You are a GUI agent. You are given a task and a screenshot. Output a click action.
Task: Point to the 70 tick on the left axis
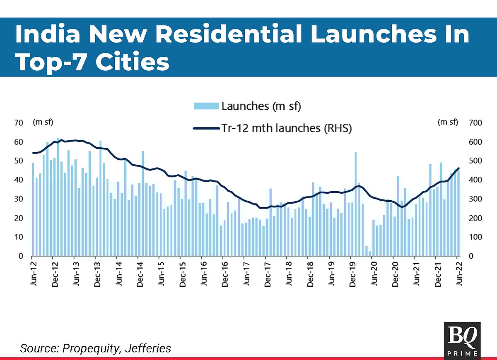point(18,123)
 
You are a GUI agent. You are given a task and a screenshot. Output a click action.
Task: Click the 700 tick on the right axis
point(474,123)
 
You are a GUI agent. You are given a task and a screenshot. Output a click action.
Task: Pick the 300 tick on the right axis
point(474,199)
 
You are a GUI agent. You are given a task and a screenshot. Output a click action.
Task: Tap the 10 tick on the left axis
point(18,237)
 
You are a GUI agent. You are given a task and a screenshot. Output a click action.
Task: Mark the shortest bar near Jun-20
point(370,253)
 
